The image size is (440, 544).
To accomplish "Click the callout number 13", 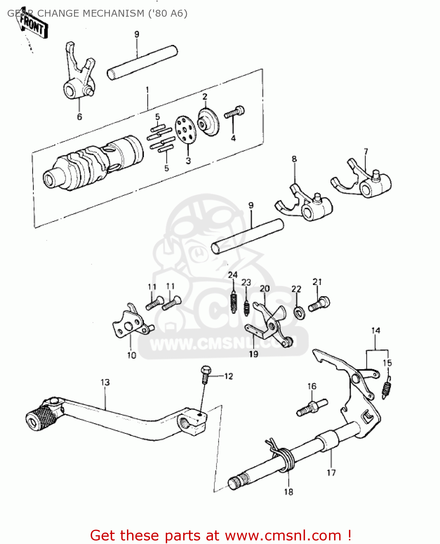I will click(105, 382).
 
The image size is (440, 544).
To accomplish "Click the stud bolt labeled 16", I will click(312, 408).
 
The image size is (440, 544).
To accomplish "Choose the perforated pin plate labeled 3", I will click(185, 130).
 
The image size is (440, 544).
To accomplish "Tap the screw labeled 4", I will click(234, 112).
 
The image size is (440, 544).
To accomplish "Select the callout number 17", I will click(331, 473).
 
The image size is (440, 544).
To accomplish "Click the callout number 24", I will click(233, 275).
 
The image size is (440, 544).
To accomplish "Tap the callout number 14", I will click(375, 330).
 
